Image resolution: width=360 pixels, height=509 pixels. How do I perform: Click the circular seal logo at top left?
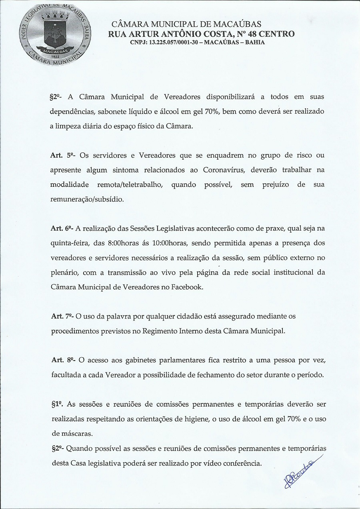tap(53, 33)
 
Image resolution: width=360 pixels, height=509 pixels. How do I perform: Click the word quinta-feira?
tap(68, 243)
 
